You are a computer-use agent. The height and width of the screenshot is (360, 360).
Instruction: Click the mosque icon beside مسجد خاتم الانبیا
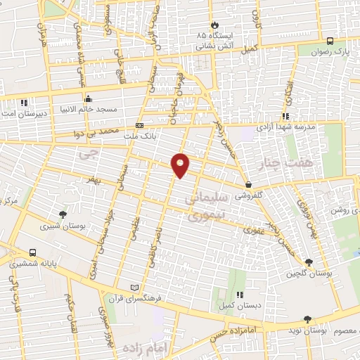click(x=87, y=99)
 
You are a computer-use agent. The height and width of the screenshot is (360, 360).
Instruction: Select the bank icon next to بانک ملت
click(x=139, y=126)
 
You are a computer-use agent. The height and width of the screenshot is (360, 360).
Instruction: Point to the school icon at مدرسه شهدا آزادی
click(x=285, y=116)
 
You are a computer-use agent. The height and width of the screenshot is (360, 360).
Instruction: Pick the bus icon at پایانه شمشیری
click(x=33, y=253)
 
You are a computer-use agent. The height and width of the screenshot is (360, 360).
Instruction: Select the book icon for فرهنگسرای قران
click(x=135, y=288)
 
